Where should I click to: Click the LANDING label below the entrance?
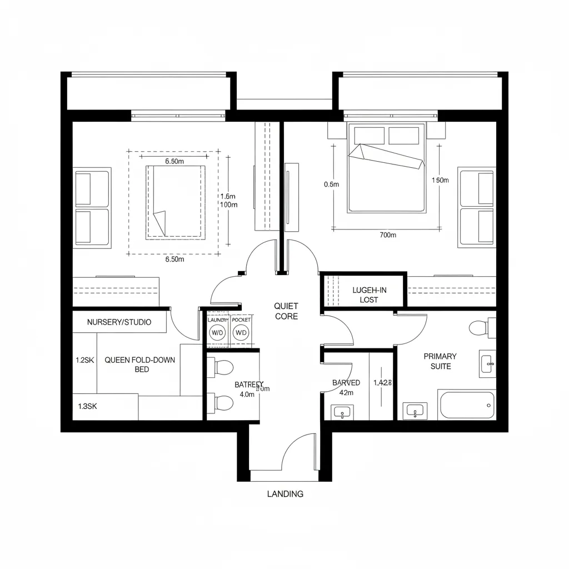(285, 493)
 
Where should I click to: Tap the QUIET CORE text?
(286, 311)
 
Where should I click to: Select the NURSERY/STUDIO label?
(119, 322)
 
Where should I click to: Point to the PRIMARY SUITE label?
(440, 361)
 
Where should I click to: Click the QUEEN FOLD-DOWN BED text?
(139, 365)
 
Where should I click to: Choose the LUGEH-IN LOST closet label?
(368, 295)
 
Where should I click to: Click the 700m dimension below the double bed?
(387, 235)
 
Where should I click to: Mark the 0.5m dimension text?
(331, 184)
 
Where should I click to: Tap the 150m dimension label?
(440, 180)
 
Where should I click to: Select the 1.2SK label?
(85, 360)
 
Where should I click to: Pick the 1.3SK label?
(87, 406)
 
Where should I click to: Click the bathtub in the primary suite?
(466, 405)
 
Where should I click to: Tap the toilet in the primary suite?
(478, 328)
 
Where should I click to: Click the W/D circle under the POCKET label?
(241, 333)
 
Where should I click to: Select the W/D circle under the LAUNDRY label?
(216, 333)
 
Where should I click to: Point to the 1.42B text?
(383, 383)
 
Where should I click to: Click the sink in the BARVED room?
(341, 412)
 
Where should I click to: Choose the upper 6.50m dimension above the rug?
(174, 161)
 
